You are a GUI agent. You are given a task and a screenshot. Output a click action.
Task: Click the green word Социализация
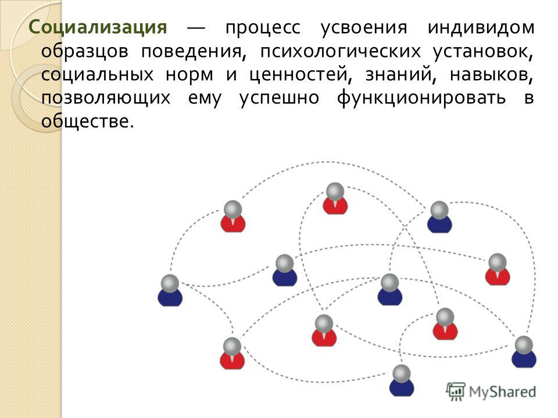[x=98, y=28]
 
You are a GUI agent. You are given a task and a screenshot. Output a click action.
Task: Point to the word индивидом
[x=481, y=28]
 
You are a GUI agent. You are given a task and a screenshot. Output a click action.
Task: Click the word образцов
[x=85, y=52]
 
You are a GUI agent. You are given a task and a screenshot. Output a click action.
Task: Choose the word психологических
[x=340, y=52]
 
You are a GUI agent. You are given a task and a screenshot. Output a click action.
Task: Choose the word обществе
[x=88, y=121]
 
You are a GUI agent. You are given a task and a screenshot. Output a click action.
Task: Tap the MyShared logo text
[x=502, y=392]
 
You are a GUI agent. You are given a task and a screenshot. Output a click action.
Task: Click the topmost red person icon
[x=335, y=199]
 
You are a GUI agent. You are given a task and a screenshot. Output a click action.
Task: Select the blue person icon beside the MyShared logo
[x=402, y=381]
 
